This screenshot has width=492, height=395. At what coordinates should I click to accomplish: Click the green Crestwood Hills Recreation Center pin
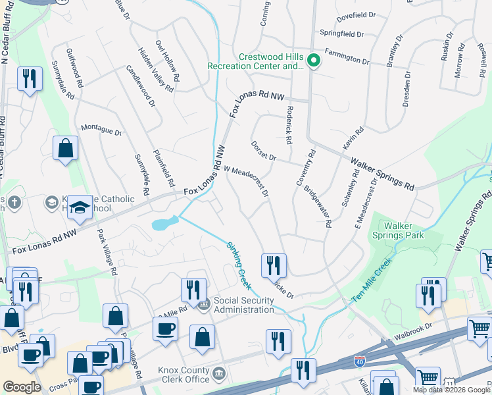(314, 62)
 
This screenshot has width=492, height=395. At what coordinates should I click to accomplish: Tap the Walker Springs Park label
(403, 230)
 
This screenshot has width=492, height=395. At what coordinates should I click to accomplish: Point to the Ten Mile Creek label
(372, 280)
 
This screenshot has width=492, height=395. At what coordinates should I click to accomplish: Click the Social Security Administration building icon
(203, 303)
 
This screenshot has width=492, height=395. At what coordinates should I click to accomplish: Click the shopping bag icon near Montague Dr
(66, 149)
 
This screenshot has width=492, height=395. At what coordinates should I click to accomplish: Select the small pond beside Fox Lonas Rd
(163, 224)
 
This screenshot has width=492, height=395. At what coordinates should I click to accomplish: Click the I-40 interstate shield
(359, 361)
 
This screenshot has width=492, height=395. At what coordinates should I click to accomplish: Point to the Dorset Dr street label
(264, 151)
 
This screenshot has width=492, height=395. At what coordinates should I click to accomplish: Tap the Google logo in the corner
(22, 387)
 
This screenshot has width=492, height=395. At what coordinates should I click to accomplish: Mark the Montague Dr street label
(101, 130)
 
